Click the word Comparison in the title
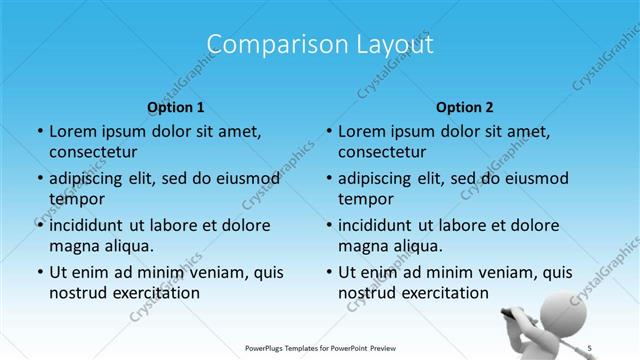tap(267, 45)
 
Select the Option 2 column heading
tap(465, 107)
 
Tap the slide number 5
tap(590, 347)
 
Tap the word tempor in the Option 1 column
tap(75, 198)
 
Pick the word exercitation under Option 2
tap(445, 292)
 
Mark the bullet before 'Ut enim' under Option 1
tap(38, 272)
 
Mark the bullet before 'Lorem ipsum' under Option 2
tap(328, 131)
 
